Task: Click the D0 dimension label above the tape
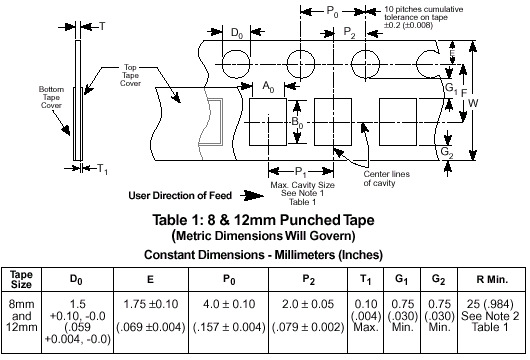coord(237,33)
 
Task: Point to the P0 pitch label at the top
coord(332,12)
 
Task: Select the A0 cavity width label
coord(268,87)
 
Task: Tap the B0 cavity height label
coord(297,122)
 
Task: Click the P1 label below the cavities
coord(301,172)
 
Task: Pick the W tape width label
coord(473,103)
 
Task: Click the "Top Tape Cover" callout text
coord(130,75)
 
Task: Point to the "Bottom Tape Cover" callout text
coord(51,97)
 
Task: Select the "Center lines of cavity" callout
coord(386,178)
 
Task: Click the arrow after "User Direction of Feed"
coord(252,195)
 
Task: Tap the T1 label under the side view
coord(102,169)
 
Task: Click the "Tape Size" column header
coord(21,279)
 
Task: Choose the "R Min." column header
coord(492,280)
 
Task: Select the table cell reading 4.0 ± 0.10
coord(229,304)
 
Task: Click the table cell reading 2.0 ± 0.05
coord(308,304)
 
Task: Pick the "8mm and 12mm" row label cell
coord(21,316)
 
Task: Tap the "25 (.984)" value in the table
coord(490,304)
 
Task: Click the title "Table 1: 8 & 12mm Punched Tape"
coord(263,220)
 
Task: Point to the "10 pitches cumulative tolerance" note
coord(424,17)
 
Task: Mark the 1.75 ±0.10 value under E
coord(151,304)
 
